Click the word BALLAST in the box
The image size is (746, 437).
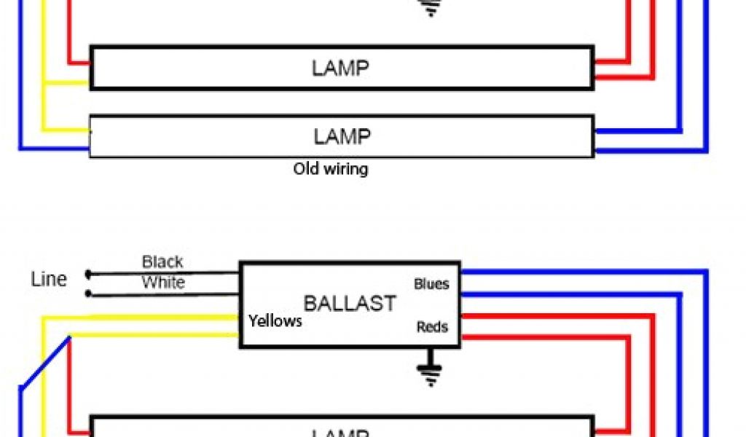click(x=350, y=303)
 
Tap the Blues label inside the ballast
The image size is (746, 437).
click(x=431, y=283)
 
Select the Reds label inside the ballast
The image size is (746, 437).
click(x=432, y=327)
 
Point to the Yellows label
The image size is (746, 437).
click(x=275, y=320)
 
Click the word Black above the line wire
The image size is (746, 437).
click(x=162, y=261)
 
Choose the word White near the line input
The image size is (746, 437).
click(x=163, y=283)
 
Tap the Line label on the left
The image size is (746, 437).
click(x=49, y=279)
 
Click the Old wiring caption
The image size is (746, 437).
click(x=331, y=170)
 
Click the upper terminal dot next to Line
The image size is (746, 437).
click(x=88, y=274)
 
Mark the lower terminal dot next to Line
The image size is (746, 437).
click(x=88, y=294)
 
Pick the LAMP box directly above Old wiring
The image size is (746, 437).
click(x=341, y=135)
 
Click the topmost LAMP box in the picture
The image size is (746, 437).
click(x=341, y=68)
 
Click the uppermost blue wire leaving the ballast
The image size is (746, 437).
click(x=583, y=272)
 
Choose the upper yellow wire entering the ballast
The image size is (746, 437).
click(x=146, y=317)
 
